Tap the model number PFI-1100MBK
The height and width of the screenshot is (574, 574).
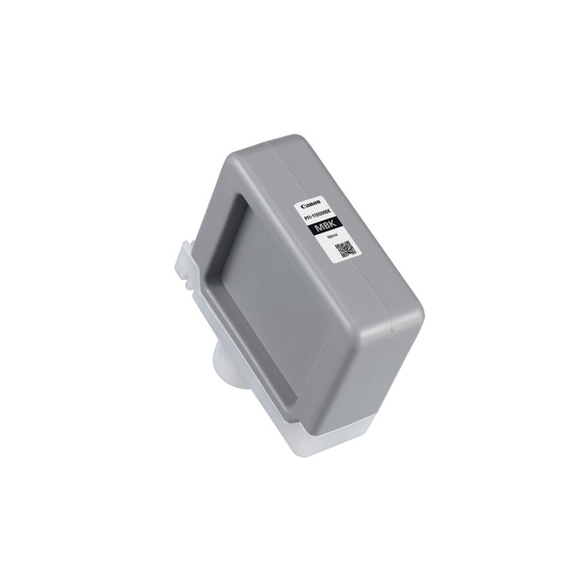[x=318, y=215]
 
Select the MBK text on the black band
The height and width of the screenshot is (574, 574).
[x=326, y=225]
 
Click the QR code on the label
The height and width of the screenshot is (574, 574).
[x=346, y=249]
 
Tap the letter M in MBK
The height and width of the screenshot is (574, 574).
[x=319, y=227]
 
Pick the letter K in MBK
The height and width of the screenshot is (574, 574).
[x=333, y=223]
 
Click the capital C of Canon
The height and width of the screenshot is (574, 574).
[x=303, y=206]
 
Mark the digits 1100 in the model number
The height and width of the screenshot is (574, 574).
[x=317, y=216]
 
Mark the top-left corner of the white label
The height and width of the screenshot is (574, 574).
[x=295, y=206]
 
